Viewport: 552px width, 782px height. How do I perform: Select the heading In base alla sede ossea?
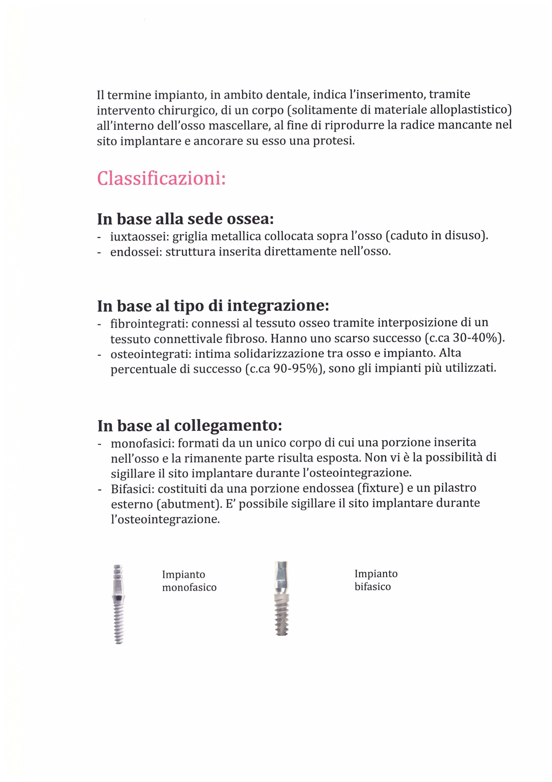pos(185,219)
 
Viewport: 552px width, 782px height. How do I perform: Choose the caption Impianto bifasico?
pos(376,580)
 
